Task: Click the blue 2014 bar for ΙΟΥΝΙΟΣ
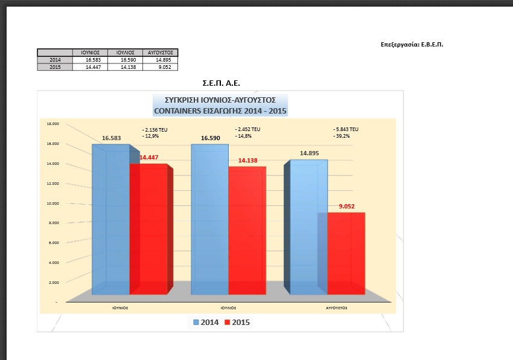(x=110, y=220)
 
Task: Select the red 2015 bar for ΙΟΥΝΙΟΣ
(x=148, y=230)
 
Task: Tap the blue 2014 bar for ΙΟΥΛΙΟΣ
(x=209, y=220)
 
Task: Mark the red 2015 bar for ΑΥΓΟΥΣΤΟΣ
(x=346, y=254)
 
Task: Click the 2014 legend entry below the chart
(x=206, y=323)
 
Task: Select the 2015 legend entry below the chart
(x=237, y=323)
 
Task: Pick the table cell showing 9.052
(x=161, y=67)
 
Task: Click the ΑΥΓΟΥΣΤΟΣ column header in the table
(x=161, y=53)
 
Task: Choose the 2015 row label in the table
(x=55, y=67)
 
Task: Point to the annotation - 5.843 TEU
(x=346, y=129)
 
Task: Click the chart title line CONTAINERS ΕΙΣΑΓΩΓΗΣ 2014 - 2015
(x=220, y=111)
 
